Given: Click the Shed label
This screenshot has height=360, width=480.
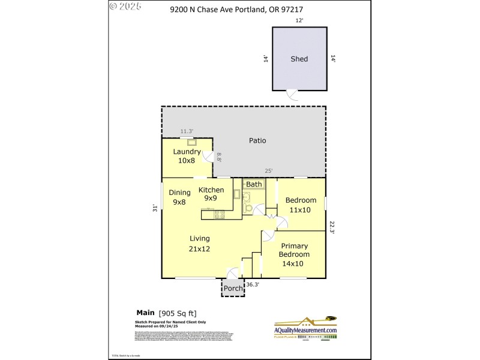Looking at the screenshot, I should [299, 59].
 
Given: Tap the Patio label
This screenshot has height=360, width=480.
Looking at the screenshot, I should [257, 141].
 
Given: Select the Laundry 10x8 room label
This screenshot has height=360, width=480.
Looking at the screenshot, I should [187, 156].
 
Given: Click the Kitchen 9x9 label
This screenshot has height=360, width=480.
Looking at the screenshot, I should [211, 194].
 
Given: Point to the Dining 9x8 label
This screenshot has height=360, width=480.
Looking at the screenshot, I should [179, 197].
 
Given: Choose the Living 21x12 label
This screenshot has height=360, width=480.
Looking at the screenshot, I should [200, 243].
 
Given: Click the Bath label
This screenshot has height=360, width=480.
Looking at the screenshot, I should [254, 184].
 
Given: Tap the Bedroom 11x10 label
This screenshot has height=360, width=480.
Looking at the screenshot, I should [301, 205].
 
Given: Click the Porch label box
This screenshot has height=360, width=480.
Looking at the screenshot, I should [233, 289].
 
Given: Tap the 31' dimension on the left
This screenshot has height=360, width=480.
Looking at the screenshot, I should [155, 208].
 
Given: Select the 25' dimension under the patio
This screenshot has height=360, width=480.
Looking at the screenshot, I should [268, 171].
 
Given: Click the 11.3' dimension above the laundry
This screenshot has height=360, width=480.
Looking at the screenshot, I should [187, 131].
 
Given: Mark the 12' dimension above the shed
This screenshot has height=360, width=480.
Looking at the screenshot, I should [299, 20].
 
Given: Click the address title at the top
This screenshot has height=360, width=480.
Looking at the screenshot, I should [240, 8].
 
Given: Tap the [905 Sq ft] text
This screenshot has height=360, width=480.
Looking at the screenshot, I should [177, 313].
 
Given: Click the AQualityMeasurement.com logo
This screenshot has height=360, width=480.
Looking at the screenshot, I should [306, 329].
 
